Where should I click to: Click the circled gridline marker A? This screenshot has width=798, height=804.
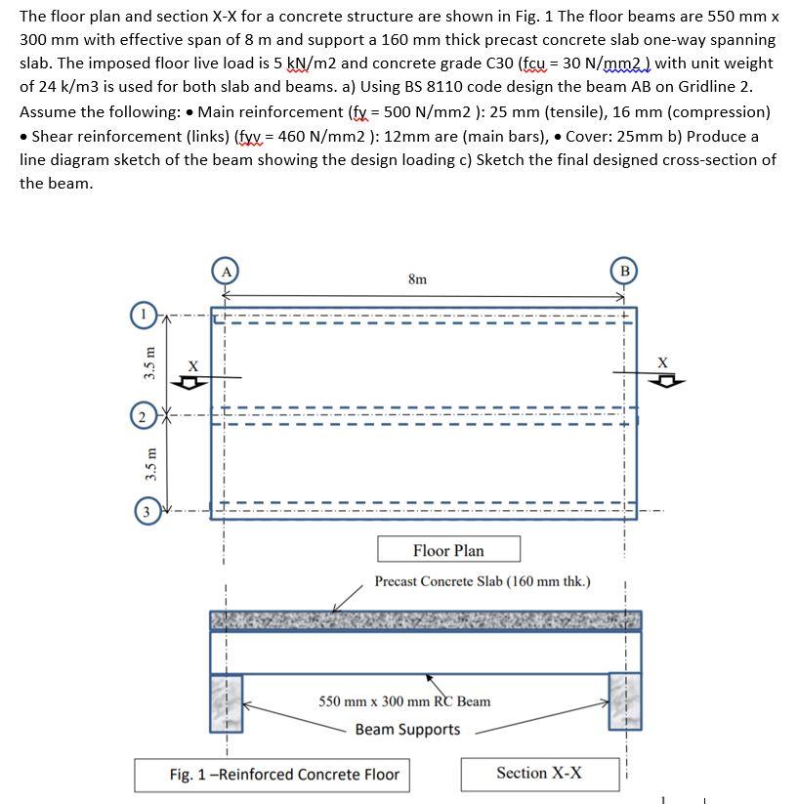(x=226, y=272)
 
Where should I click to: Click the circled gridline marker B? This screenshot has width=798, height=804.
(x=624, y=270)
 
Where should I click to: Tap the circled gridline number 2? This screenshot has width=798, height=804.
(x=143, y=417)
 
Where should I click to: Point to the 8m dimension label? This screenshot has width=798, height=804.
(x=417, y=279)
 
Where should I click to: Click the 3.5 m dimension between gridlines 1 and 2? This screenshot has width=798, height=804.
(x=149, y=364)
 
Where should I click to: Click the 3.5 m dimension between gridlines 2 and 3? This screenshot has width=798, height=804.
(x=149, y=464)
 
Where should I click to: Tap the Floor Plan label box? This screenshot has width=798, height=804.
(x=448, y=550)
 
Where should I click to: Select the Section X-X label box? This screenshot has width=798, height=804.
(x=538, y=773)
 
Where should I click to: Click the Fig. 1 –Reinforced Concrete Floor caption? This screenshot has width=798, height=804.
(x=284, y=775)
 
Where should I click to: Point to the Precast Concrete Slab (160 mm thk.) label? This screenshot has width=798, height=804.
(x=483, y=581)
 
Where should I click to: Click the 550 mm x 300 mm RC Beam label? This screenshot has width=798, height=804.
(x=404, y=701)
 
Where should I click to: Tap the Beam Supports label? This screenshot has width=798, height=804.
(x=407, y=730)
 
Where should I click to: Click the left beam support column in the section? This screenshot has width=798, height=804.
(x=226, y=701)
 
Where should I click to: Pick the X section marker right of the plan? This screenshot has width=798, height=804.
(x=664, y=371)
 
